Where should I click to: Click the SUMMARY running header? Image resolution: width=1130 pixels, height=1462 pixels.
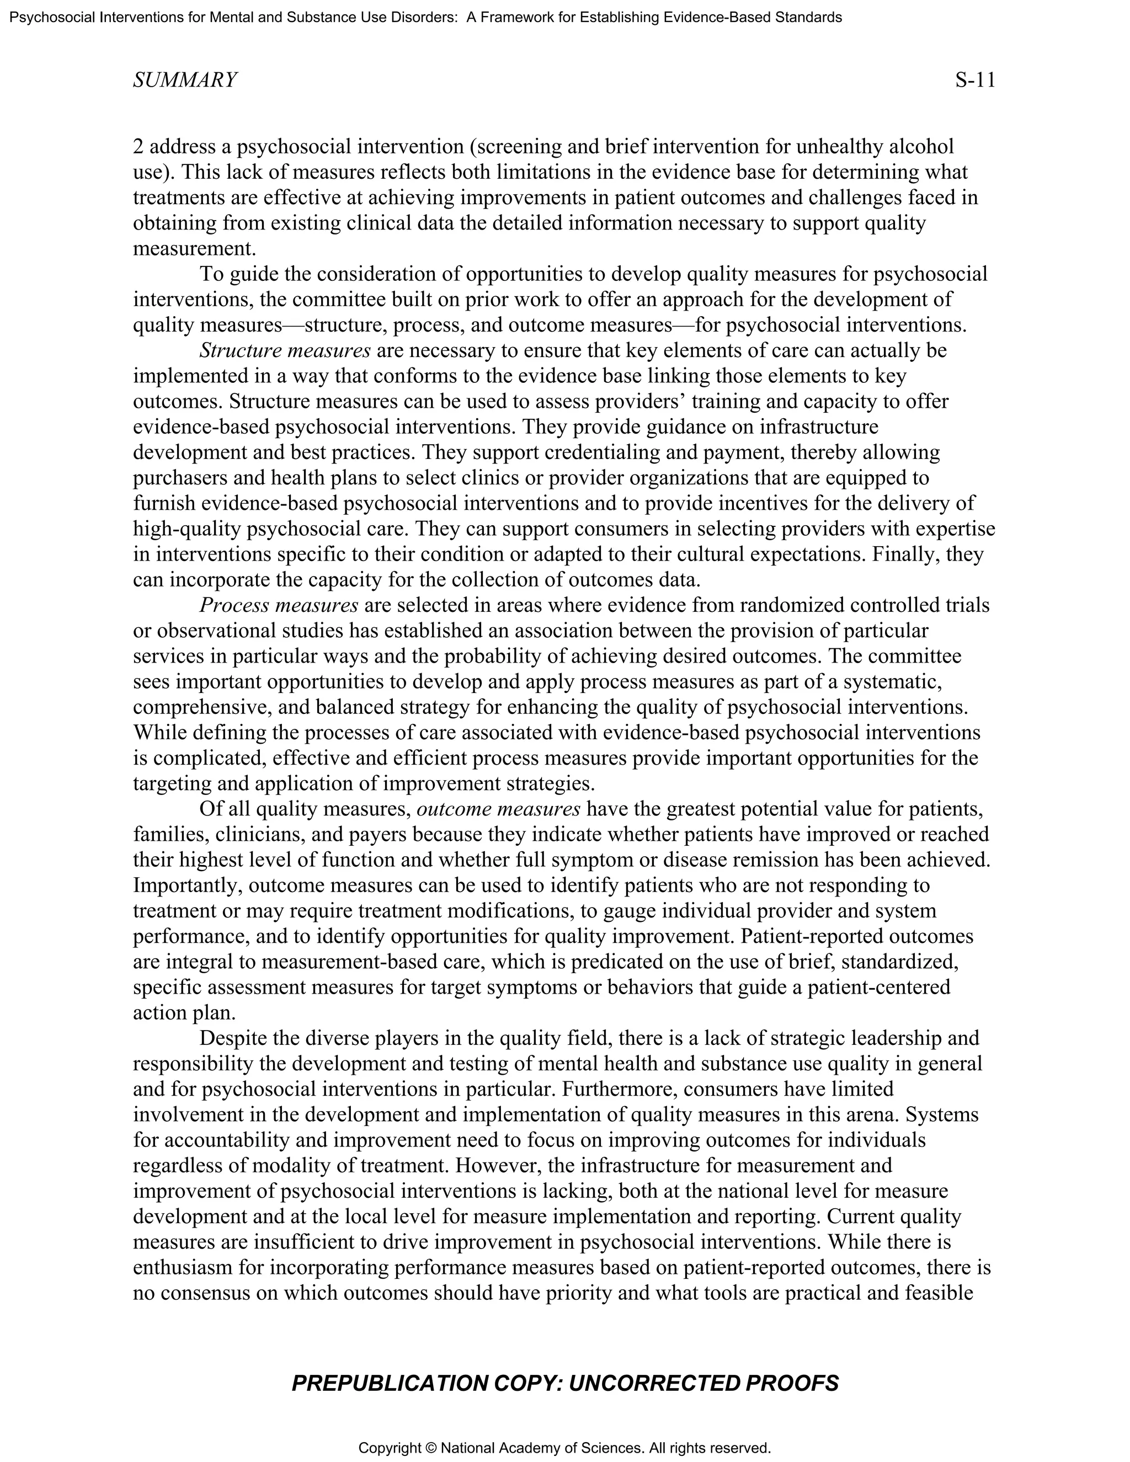click(x=185, y=81)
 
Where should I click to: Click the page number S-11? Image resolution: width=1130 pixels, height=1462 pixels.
click(x=975, y=81)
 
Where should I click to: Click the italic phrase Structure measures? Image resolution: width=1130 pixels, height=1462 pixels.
click(x=285, y=351)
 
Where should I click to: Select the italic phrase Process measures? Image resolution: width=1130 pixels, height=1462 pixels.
click(x=279, y=606)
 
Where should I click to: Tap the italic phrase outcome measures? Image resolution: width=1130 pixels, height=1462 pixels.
click(x=498, y=809)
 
